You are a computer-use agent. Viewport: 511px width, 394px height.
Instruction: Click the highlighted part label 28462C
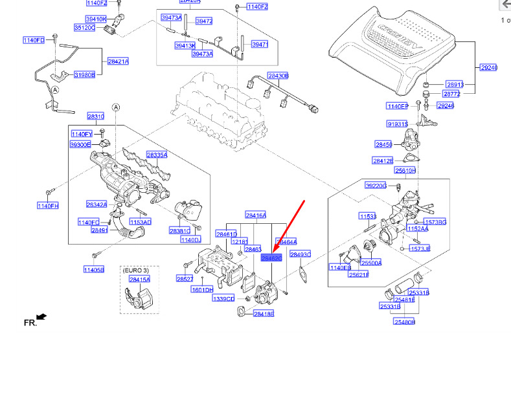click(271, 257)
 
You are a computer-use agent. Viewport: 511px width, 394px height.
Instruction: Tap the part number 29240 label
click(488, 67)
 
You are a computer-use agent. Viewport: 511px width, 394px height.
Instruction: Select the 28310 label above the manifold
click(96, 116)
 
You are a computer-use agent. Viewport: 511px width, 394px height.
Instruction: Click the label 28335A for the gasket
click(157, 155)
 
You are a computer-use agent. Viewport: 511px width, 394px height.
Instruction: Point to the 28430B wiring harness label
click(278, 76)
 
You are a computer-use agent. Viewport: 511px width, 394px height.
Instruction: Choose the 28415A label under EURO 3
click(139, 279)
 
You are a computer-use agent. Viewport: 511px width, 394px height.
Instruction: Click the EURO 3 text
click(136, 269)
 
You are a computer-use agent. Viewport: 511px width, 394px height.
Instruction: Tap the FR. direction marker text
click(30, 322)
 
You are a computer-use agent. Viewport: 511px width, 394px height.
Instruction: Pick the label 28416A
click(256, 215)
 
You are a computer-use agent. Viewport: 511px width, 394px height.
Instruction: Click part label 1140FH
click(47, 206)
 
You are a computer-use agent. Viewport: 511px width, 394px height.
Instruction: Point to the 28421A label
click(118, 61)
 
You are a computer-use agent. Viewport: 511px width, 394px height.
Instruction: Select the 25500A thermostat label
click(371, 263)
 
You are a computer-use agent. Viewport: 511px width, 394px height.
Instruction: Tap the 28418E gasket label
click(264, 314)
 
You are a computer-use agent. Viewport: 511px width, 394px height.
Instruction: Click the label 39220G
click(376, 185)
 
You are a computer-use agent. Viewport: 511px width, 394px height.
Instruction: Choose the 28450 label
click(383, 144)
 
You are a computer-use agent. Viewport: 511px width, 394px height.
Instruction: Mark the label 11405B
click(93, 269)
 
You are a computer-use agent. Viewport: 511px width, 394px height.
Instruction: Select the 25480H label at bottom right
click(404, 322)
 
